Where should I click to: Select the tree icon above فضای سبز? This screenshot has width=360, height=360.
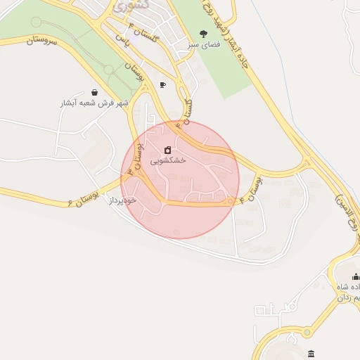pos(204,33)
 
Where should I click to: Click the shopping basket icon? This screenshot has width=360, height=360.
pos(95,92)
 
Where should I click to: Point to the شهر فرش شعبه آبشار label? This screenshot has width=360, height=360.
pos(95,103)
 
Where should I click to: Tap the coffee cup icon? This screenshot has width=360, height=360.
pos(163,85)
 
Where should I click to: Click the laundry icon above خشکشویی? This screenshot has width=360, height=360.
pos(167,150)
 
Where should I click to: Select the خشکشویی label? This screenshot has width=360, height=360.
pos(168,160)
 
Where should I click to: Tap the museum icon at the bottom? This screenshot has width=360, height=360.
pos(311,353)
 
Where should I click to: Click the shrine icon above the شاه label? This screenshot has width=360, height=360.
pos(355,276)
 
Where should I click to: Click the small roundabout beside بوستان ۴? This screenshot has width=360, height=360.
pos(230,202)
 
